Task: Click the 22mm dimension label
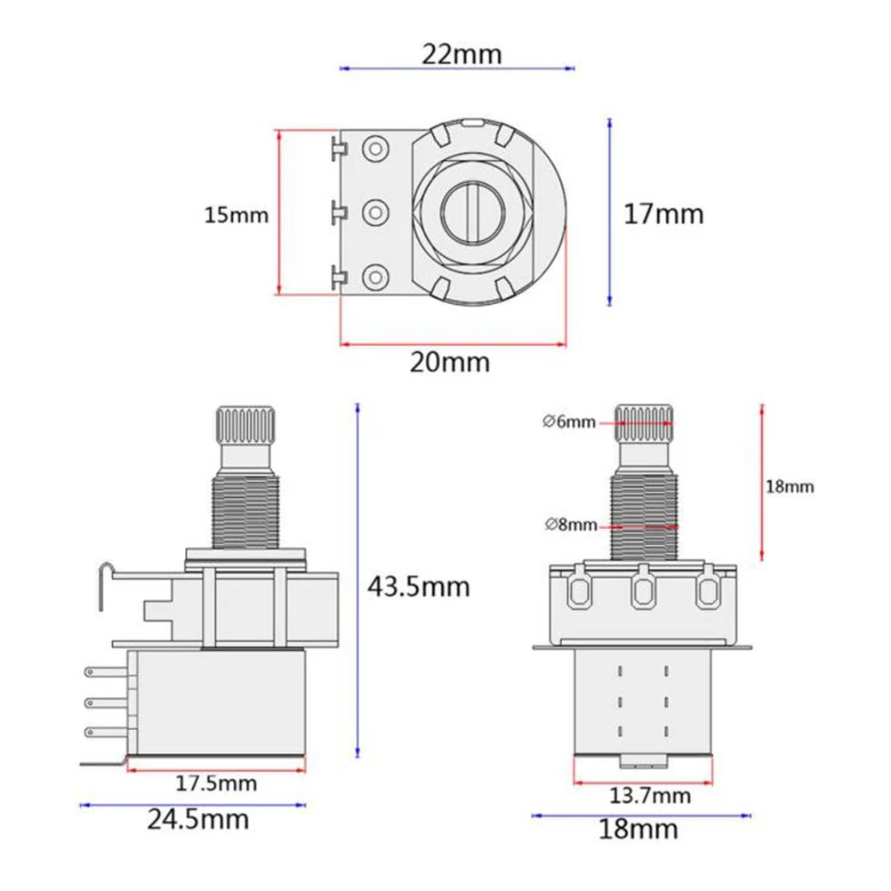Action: [x=461, y=54]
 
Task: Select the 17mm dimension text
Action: [x=662, y=214]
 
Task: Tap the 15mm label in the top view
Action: [x=236, y=215]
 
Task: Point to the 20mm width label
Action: [x=449, y=362]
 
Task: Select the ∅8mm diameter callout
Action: [x=569, y=525]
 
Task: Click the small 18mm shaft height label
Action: [x=790, y=486]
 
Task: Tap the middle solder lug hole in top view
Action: [x=375, y=212]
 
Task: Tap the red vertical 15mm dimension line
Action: [x=279, y=213]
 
